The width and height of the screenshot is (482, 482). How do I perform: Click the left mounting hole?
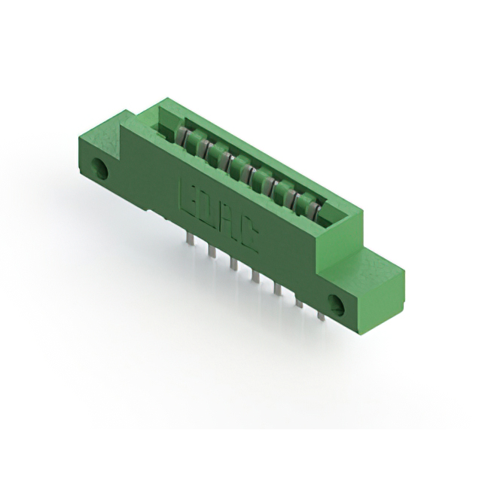click(99, 168)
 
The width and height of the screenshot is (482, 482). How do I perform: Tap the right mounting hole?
click(337, 305)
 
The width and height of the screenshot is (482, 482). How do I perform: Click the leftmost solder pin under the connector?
click(191, 239)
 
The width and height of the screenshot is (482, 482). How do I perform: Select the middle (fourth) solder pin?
click(256, 276)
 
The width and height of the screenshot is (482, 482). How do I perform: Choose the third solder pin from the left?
click(234, 264)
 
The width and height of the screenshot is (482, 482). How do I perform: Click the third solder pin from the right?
click(278, 288)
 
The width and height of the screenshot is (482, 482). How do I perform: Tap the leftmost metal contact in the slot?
click(182, 136)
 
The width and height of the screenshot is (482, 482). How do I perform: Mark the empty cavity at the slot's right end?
click(331, 214)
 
